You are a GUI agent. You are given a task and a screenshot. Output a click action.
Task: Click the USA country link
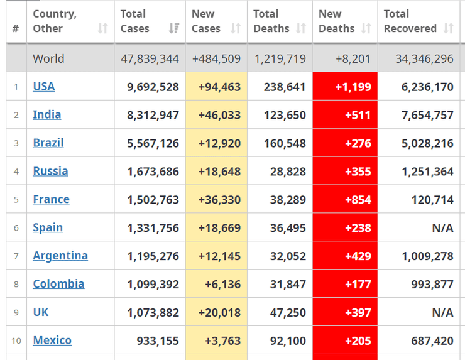[43, 87]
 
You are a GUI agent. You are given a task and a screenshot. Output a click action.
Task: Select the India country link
[47, 114]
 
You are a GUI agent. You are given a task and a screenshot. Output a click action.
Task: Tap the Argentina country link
[60, 256]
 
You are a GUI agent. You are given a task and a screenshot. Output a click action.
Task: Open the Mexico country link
[52, 340]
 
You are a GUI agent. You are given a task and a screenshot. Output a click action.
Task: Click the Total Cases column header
[135, 21]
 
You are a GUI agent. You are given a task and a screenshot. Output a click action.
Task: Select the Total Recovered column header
[410, 21]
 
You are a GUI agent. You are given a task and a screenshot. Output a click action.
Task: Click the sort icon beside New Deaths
[366, 29]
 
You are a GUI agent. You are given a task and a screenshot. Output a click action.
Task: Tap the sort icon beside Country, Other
[103, 29]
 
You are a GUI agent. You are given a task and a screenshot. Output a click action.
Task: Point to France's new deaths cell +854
[358, 200]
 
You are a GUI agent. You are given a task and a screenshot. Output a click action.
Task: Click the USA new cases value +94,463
[219, 87]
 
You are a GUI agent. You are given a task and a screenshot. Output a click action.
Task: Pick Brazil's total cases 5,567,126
[153, 143]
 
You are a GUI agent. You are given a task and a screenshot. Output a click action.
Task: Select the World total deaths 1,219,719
[280, 59]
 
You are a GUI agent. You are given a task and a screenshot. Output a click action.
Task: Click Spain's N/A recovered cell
[442, 228]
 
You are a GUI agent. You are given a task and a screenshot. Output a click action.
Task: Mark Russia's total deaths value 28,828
[288, 172]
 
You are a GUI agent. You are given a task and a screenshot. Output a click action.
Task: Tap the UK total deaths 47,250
[288, 313]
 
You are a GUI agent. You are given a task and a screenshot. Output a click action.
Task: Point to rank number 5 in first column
[16, 200]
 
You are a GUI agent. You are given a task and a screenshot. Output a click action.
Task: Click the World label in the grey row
[48, 59]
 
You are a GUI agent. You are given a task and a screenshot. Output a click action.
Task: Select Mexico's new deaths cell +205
[358, 341]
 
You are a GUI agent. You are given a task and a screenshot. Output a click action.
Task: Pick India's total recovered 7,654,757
[427, 116]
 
